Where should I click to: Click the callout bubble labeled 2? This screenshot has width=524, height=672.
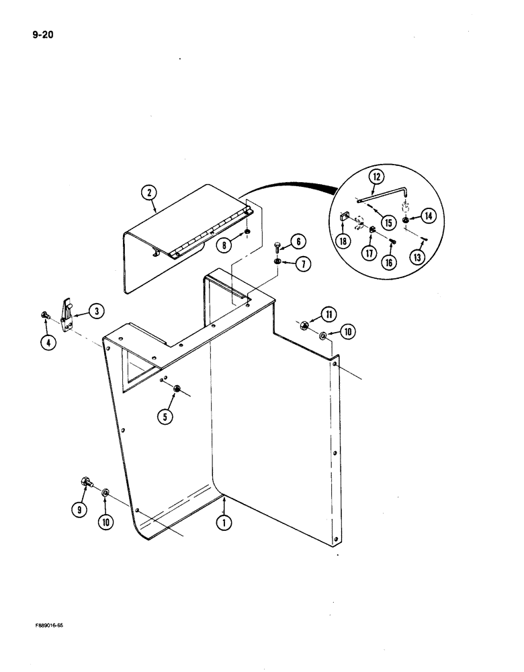tap(149, 193)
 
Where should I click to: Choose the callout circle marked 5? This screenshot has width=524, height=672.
tap(163, 417)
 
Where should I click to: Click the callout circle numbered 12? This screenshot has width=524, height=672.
tap(376, 177)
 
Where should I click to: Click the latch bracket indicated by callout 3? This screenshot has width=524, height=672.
tap(69, 313)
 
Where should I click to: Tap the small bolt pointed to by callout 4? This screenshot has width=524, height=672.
tap(46, 316)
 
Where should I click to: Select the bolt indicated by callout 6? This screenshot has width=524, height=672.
tap(277, 248)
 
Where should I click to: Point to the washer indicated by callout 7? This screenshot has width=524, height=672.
tap(277, 262)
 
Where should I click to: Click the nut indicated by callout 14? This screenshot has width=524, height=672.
tap(408, 220)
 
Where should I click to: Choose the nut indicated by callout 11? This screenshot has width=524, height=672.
tap(304, 326)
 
